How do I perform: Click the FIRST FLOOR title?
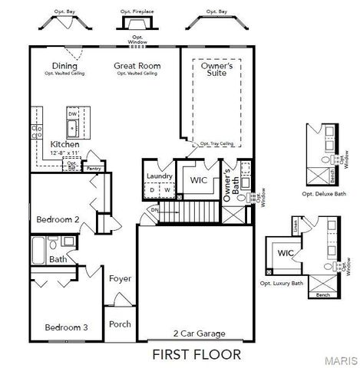pos(196,354)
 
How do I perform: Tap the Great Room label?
pos(137,66)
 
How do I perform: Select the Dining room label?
pos(64,66)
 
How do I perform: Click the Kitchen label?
pos(64,144)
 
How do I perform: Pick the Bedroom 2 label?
pos(58,219)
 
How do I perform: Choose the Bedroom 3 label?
pos(66,327)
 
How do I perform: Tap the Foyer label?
pos(120,278)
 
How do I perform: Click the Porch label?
pos(120,324)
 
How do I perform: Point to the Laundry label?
pos(159,176)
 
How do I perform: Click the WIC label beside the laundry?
pos(199,180)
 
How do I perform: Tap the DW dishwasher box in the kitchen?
pos(73,113)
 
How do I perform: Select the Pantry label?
pos(94,168)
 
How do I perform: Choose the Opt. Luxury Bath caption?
pos(281,284)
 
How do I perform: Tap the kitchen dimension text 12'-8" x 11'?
pos(64,153)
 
